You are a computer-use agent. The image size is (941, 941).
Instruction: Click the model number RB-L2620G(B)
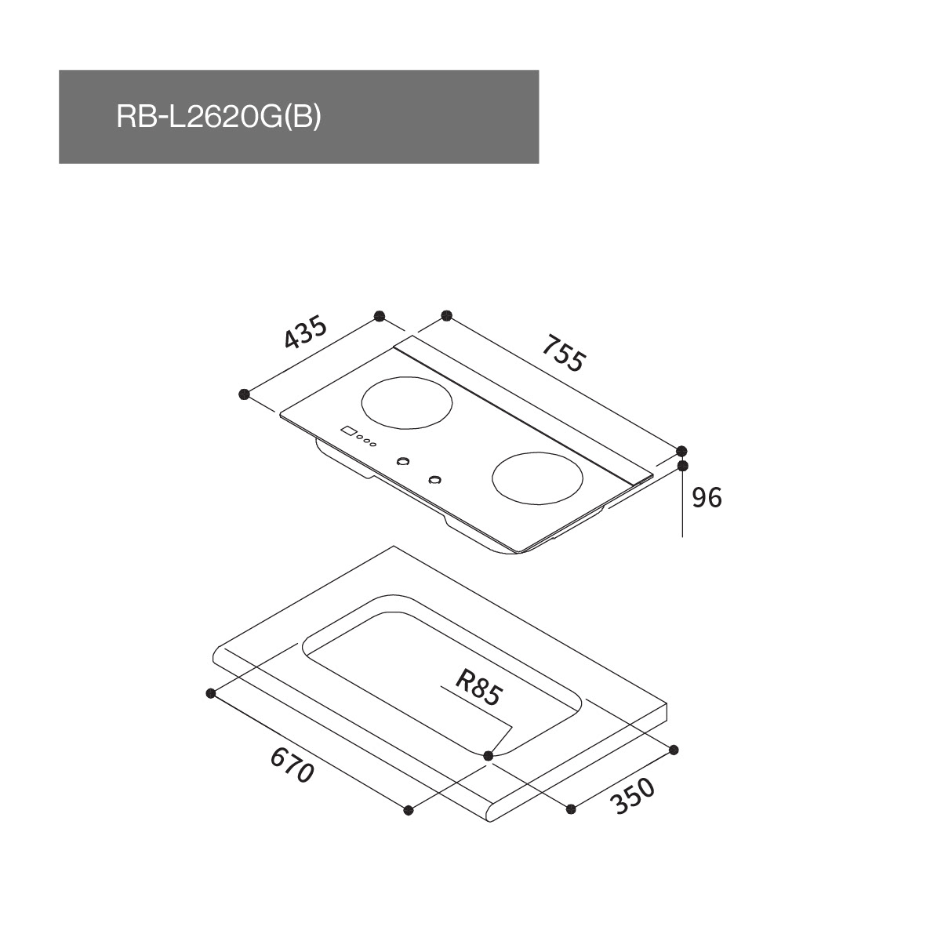(219, 118)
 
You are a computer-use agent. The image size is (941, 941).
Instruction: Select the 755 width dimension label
(562, 353)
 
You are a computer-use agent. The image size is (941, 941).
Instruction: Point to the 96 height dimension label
(707, 498)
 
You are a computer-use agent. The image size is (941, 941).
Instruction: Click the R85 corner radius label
(478, 688)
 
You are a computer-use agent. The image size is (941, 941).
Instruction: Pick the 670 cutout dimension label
(292, 772)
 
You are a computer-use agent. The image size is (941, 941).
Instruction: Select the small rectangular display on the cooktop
(348, 431)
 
